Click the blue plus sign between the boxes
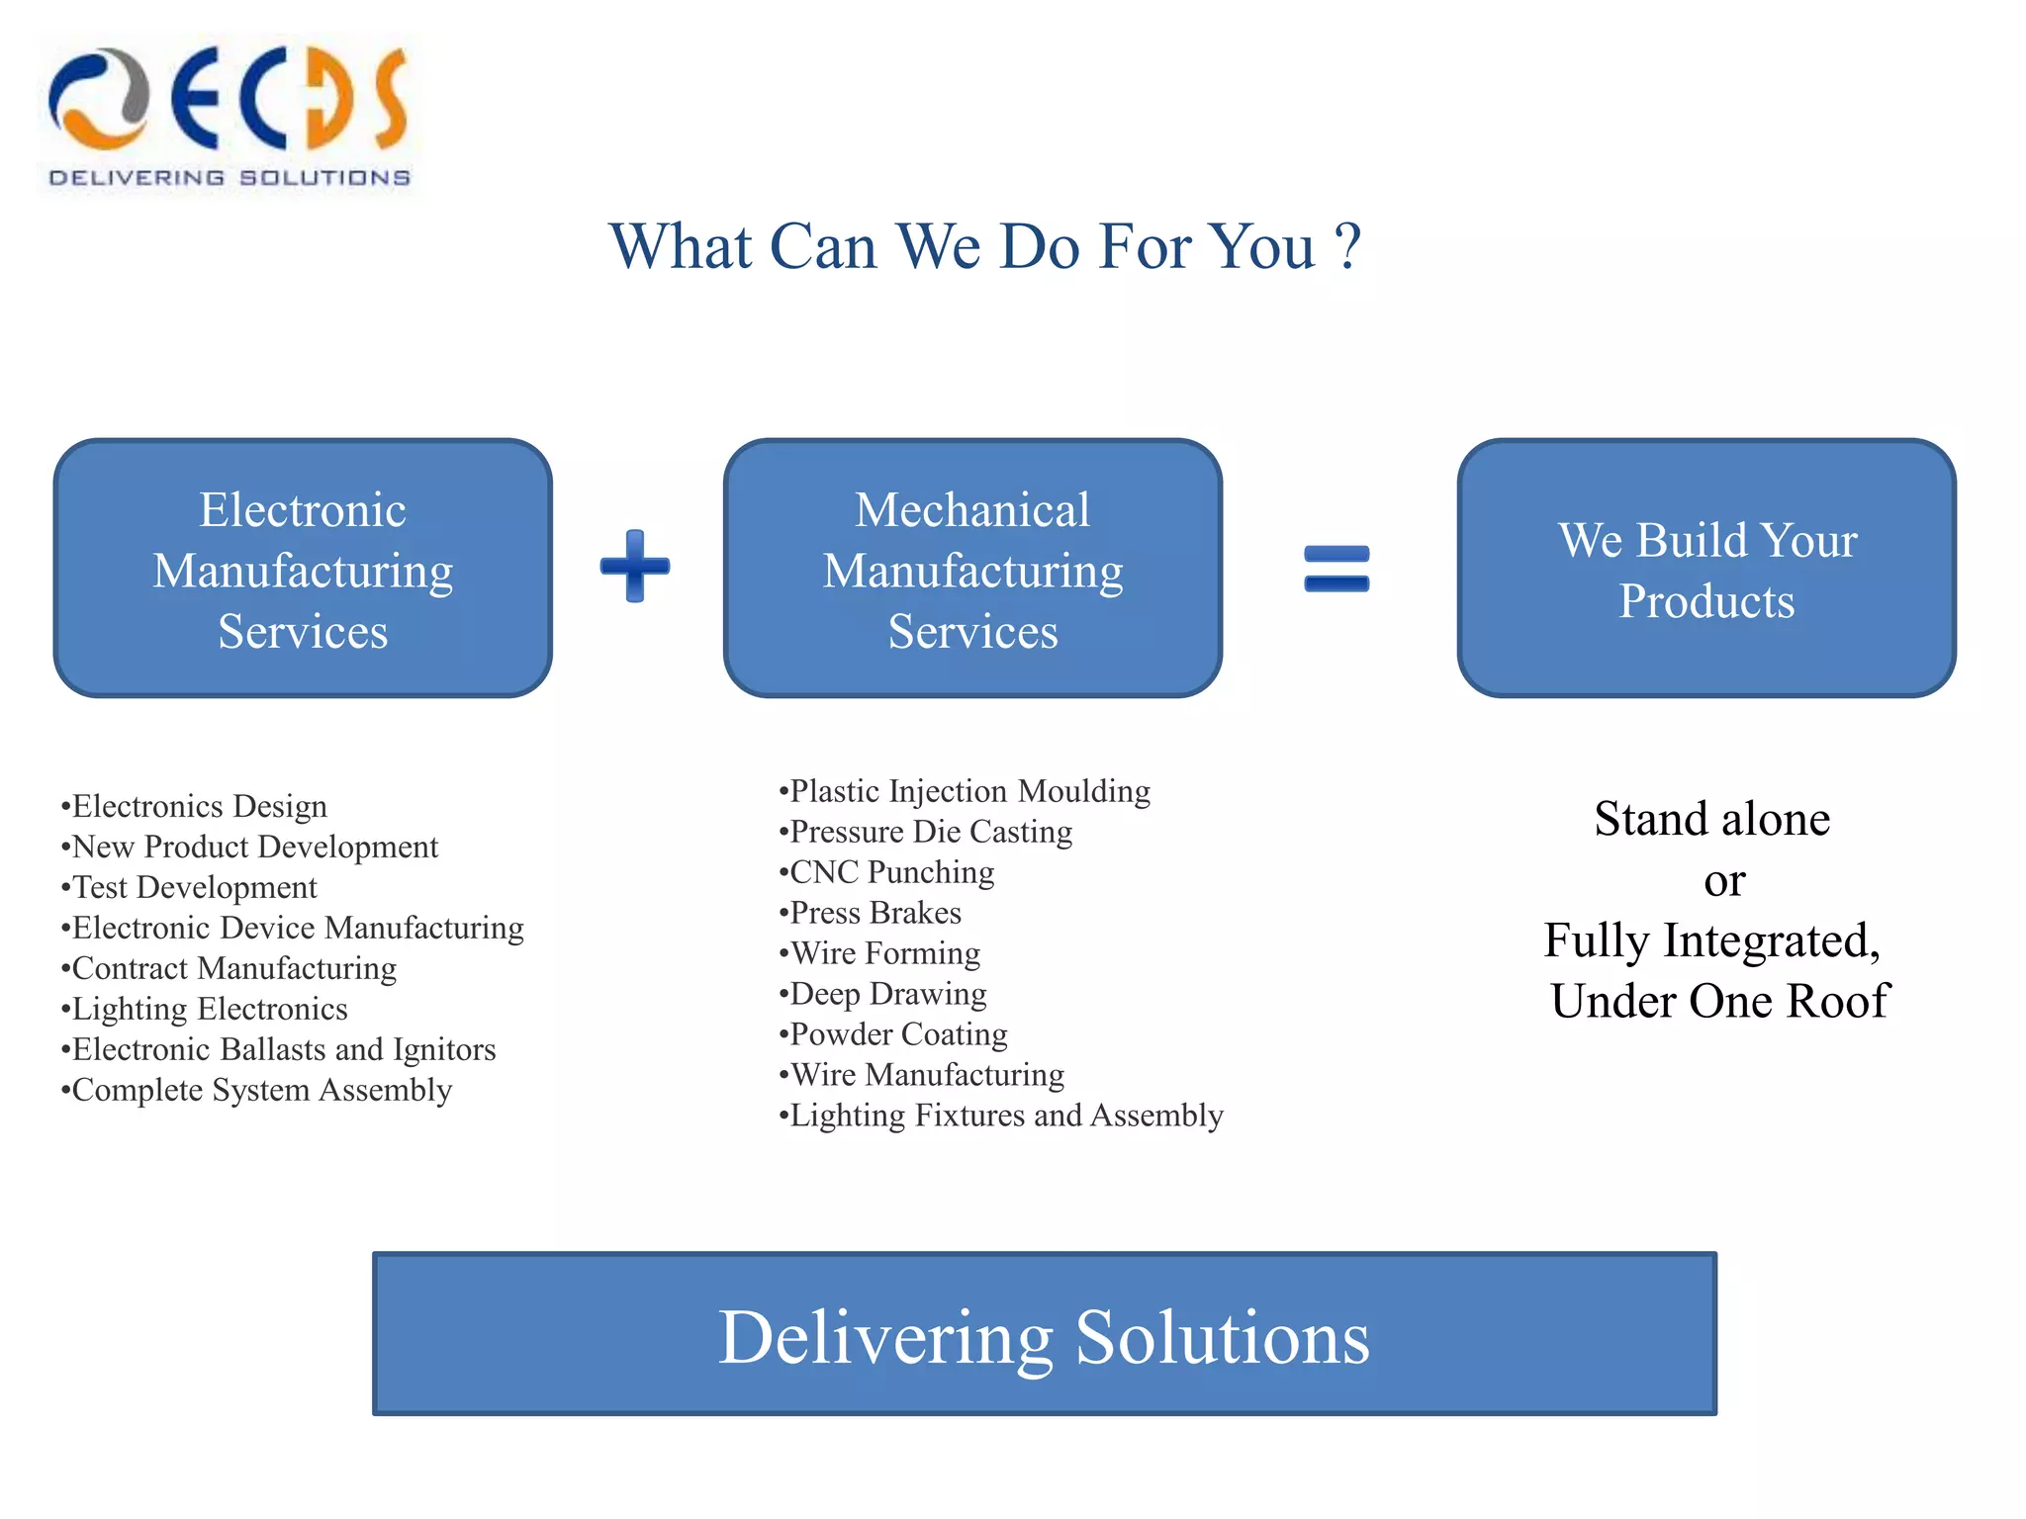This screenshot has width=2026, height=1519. [x=635, y=567]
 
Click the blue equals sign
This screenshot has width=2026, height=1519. [x=1336, y=569]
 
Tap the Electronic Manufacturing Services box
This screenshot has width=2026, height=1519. [x=303, y=569]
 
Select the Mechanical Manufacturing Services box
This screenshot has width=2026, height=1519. [x=972, y=569]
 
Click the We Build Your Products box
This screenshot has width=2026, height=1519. [x=1706, y=569]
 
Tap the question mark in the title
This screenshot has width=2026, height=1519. [x=1347, y=247]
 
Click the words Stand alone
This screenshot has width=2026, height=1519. [x=1711, y=819]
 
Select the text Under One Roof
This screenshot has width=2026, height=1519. [x=1719, y=1001]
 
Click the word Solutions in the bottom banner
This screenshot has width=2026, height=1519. [x=1222, y=1337]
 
